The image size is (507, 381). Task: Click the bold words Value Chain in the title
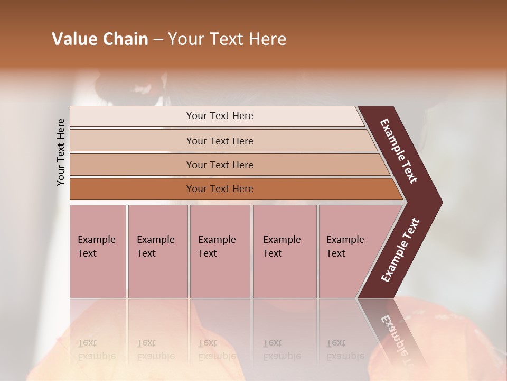[100, 39]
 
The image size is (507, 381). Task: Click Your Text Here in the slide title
[227, 39]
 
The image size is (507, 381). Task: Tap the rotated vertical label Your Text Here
[61, 152]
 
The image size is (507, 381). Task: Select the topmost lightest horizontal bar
[132, 116]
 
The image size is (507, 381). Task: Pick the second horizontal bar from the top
[132, 141]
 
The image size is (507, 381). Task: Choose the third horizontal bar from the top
[132, 165]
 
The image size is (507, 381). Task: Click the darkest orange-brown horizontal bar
[132, 189]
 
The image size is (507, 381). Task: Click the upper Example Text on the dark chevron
[399, 151]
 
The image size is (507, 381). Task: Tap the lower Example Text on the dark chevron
[400, 250]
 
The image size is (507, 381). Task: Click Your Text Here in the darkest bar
[220, 189]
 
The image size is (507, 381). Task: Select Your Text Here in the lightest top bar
[220, 116]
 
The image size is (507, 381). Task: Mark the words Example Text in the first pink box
[96, 247]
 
